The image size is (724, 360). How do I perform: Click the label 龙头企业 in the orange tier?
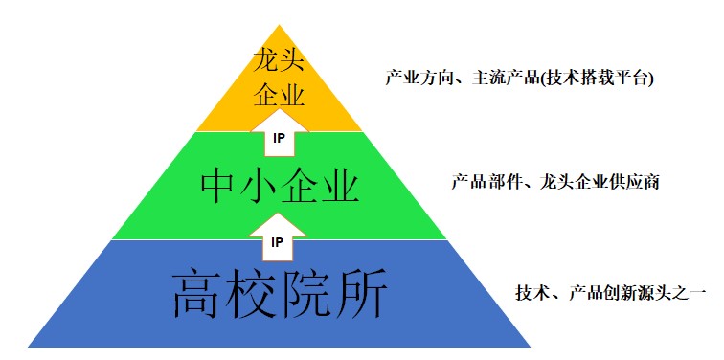tap(279, 79)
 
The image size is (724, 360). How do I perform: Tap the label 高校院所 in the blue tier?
tap(279, 293)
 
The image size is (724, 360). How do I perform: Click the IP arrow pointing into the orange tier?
tap(279, 135)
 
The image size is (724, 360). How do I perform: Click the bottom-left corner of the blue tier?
tap(29, 346)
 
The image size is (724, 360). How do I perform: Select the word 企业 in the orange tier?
tap(279, 95)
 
